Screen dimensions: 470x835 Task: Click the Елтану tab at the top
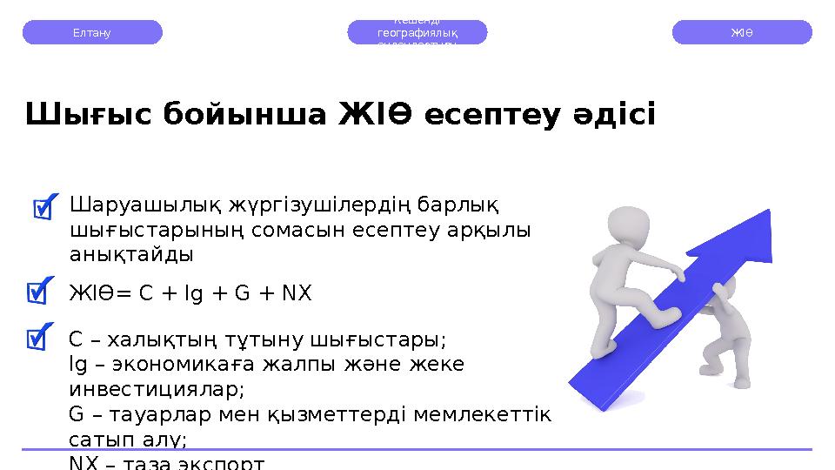(92, 32)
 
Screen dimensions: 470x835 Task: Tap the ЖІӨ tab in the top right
(742, 32)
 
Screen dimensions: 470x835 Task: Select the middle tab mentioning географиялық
(417, 32)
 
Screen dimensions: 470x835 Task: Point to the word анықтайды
(131, 255)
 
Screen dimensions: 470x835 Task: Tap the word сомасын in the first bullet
(312, 231)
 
